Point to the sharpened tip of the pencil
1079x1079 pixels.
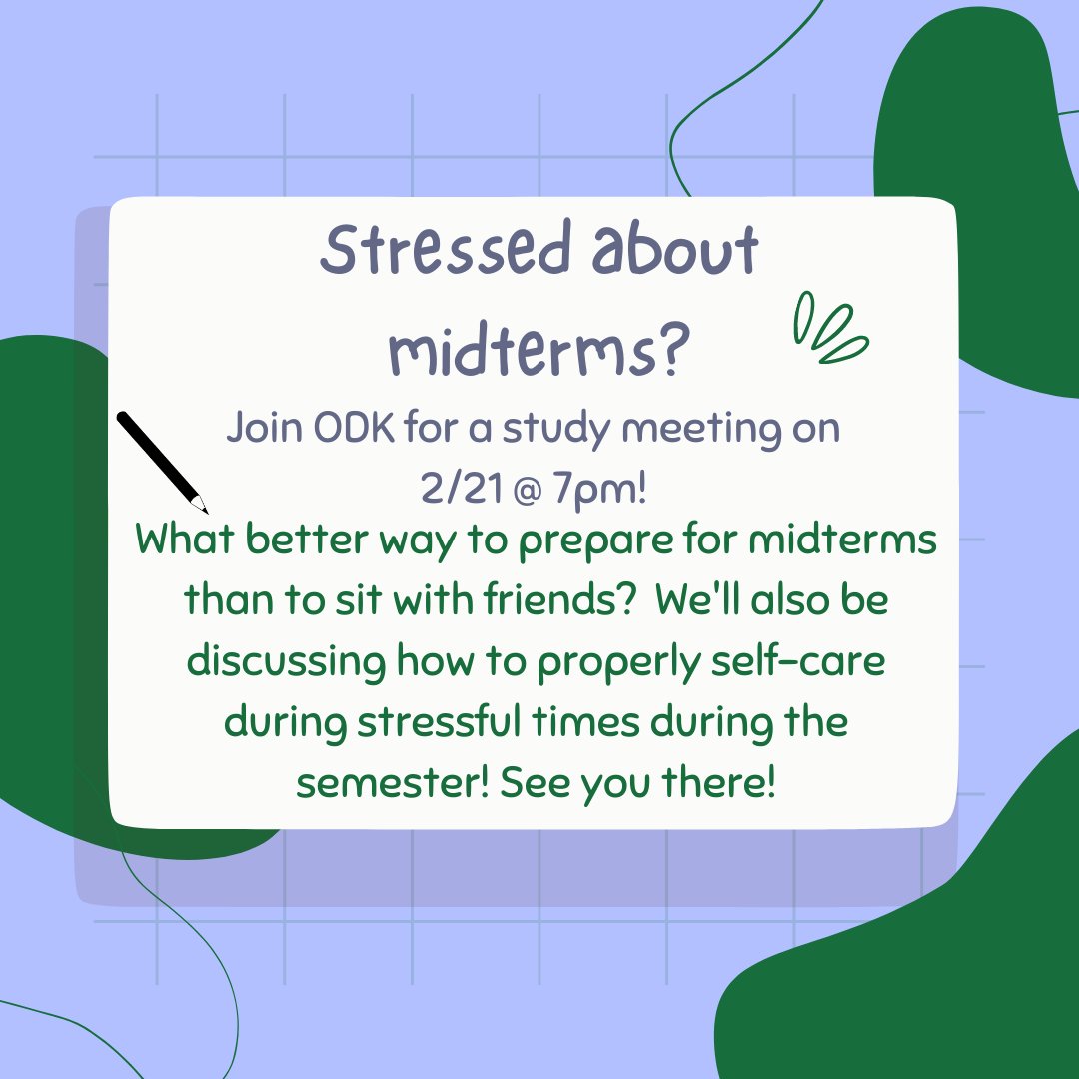pyautogui.click(x=203, y=509)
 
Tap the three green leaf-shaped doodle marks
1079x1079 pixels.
pyautogui.click(x=829, y=330)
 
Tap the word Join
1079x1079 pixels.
pyautogui.click(x=262, y=429)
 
